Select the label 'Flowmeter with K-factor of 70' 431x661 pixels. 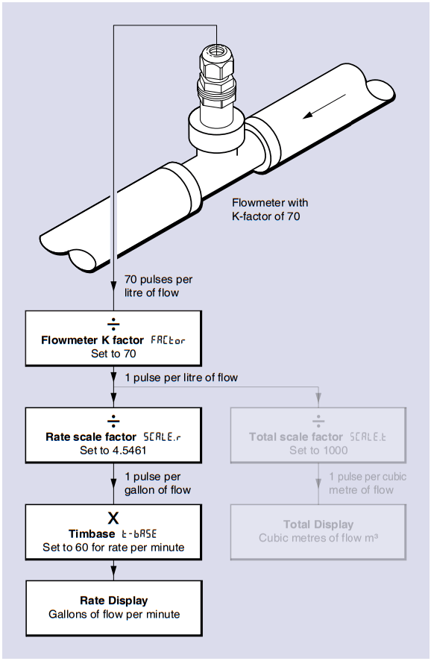pos(270,209)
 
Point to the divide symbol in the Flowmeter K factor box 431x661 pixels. pos(114,324)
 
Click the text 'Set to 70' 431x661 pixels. pos(114,354)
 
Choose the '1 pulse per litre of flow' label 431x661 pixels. pos(181,378)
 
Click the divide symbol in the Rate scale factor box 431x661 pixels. pos(114,420)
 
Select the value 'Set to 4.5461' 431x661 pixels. pos(114,450)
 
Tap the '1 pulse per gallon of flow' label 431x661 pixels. pos(157,483)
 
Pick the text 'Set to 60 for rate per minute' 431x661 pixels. pos(114,547)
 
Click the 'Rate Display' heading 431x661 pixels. pos(114,601)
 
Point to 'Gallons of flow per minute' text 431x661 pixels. pos(114,615)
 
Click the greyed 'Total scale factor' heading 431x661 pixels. pos(296,436)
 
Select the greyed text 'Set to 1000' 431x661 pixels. pos(318,450)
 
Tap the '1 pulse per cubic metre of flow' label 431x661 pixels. pos(368,483)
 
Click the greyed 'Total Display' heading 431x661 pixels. pos(318,524)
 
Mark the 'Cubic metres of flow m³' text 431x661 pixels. pos(318,538)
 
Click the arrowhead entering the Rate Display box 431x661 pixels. pos(114,575)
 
